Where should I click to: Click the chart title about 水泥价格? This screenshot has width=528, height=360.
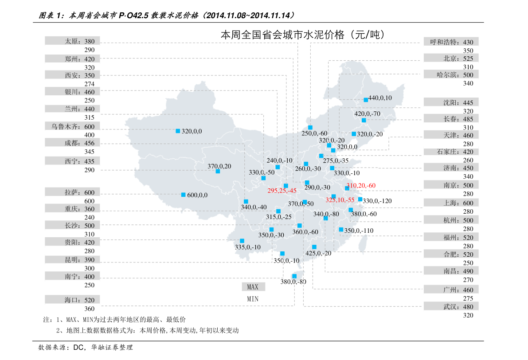(x=302, y=35)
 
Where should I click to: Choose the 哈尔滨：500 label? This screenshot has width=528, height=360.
(x=455, y=75)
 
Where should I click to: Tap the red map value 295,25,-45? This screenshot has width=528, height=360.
(x=282, y=191)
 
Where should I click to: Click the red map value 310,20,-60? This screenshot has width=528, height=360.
(x=361, y=185)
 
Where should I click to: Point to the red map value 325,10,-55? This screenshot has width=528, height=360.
(x=340, y=200)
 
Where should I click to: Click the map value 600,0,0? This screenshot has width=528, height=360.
(x=197, y=195)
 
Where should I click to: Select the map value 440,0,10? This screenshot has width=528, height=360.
(x=380, y=98)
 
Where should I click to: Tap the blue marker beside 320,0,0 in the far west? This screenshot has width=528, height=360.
(x=178, y=131)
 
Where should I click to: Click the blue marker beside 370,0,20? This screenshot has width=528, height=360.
(x=218, y=171)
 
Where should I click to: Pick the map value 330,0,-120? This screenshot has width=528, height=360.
(x=377, y=201)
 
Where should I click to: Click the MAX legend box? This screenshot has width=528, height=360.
(x=253, y=287)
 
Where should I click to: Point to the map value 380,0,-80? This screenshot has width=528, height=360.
(x=293, y=282)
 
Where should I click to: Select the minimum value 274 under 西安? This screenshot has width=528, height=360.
(x=90, y=84)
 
